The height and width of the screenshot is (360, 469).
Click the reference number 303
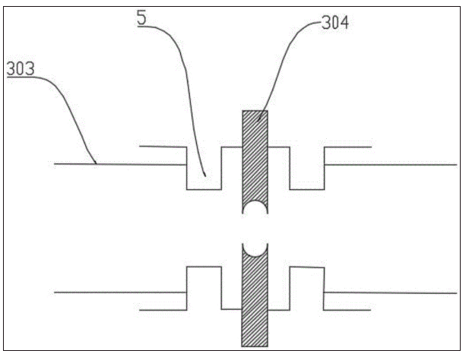(x=21, y=68)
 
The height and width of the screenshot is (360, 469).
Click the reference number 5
(x=142, y=17)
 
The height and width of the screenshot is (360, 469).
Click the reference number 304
(x=335, y=23)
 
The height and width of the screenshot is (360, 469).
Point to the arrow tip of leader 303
(x=96, y=164)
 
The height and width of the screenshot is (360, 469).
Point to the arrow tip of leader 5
(x=205, y=176)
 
